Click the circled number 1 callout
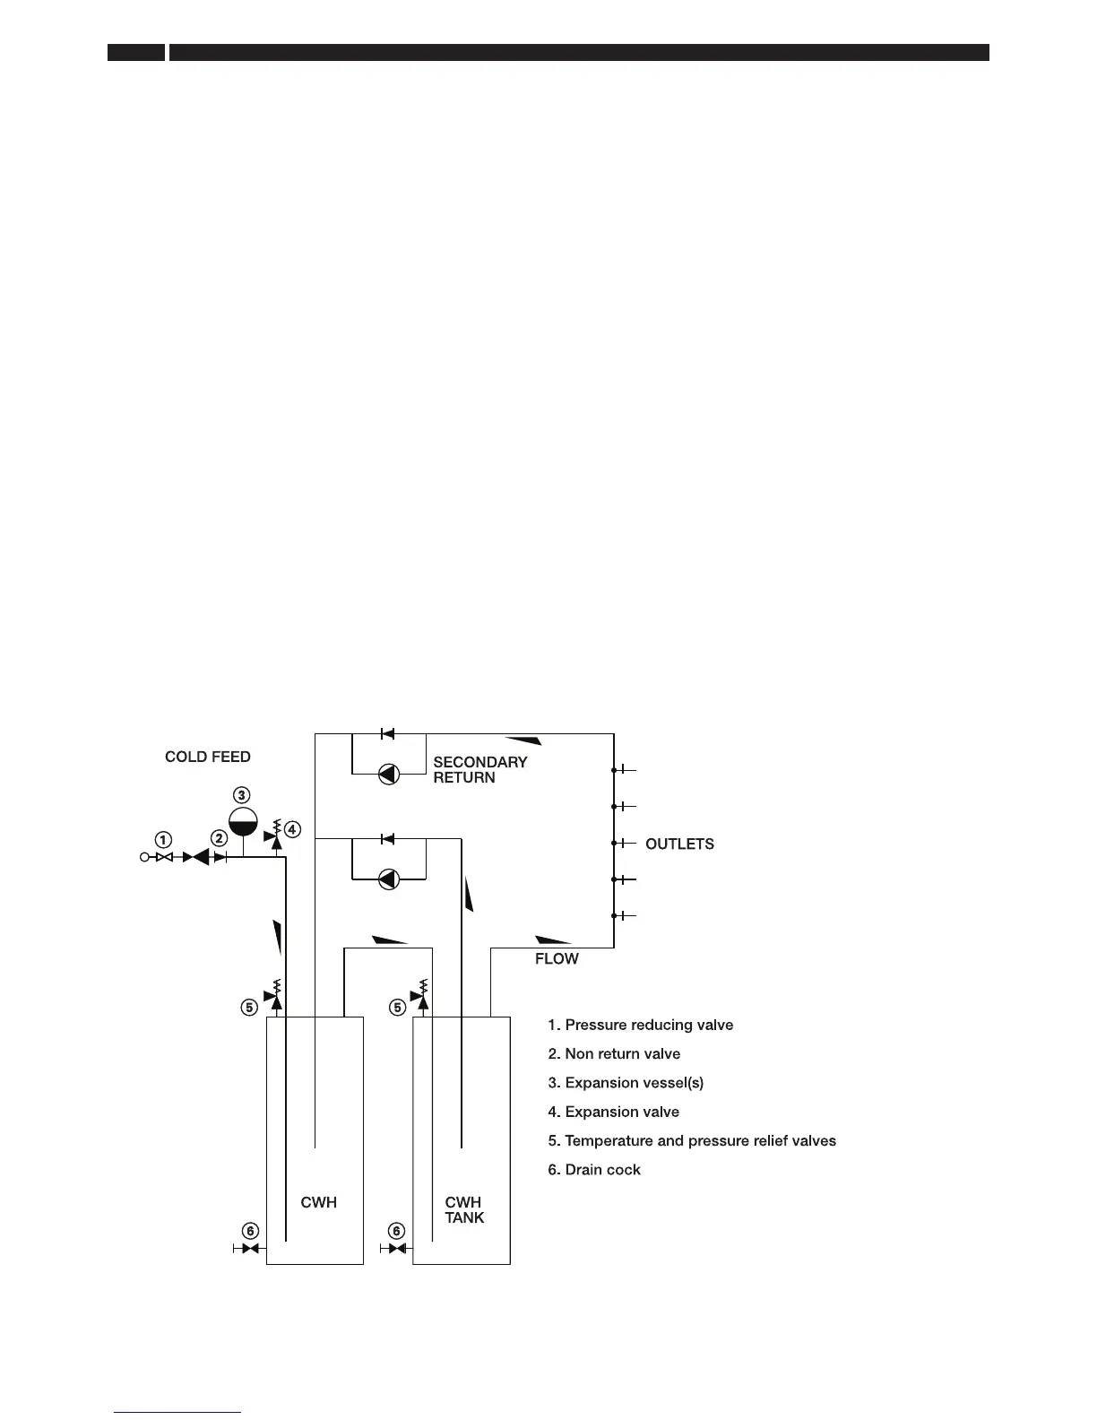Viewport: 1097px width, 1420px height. pos(163,840)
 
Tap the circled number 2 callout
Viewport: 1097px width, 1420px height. pos(219,838)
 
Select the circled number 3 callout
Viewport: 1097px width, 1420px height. pos(242,794)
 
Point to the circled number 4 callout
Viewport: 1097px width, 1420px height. pos(293,829)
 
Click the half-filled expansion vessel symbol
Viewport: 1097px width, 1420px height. pos(242,821)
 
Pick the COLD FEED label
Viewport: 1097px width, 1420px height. pos(207,757)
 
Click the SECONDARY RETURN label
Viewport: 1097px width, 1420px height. pos(479,769)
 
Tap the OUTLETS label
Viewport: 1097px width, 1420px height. pos(679,844)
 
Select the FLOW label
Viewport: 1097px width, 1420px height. pos(557,958)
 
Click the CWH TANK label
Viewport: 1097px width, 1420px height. pos(464,1209)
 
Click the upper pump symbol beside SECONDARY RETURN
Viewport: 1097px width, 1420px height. pos(389,774)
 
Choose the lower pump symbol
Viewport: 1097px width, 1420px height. pos(389,879)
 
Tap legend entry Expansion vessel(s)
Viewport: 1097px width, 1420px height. pos(626,1082)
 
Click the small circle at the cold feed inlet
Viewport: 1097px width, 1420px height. pos(144,858)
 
